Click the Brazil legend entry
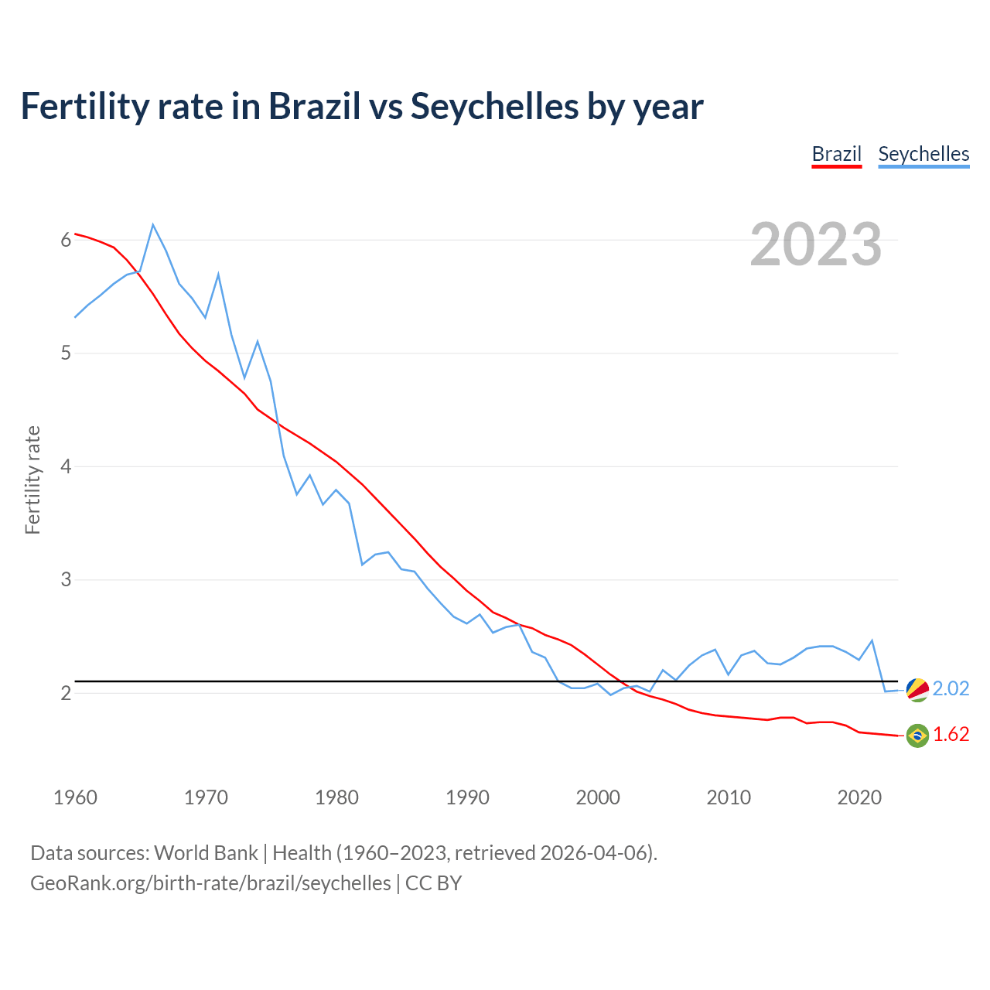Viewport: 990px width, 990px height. [x=836, y=154]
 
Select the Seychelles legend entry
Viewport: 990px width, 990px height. [x=923, y=154]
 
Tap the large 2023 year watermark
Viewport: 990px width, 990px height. [x=816, y=244]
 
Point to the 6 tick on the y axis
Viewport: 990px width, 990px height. [x=66, y=241]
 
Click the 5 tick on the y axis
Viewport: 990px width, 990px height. [x=66, y=353]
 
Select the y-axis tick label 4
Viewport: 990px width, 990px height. [x=66, y=466]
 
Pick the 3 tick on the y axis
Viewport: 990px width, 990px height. [x=66, y=579]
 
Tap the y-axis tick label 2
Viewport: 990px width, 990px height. [x=66, y=693]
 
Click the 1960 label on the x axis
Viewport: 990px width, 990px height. [x=75, y=797]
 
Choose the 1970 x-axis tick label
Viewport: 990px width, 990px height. [x=206, y=797]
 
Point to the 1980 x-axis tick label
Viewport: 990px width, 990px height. [x=336, y=797]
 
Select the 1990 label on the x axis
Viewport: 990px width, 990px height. [x=467, y=797]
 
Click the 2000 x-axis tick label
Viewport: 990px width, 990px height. [x=598, y=797]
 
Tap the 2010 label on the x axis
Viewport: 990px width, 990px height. [x=729, y=797]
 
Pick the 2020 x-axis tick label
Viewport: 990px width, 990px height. [x=859, y=797]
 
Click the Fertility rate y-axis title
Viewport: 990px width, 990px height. [x=32, y=480]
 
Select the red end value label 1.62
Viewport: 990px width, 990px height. [x=951, y=735]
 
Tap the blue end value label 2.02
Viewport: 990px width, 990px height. [x=951, y=689]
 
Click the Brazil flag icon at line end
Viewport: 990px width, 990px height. [x=917, y=736]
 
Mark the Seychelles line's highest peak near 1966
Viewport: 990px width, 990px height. [x=153, y=225]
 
